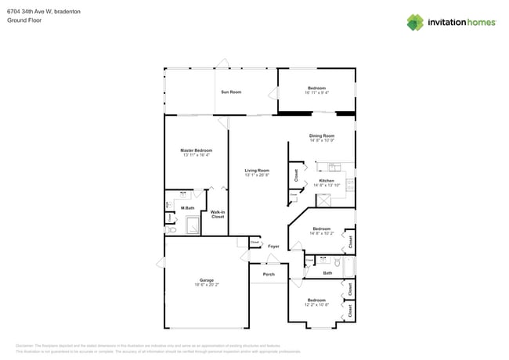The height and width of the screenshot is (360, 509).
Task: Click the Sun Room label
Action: tap(230, 92)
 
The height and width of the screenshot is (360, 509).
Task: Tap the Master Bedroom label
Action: tap(196, 150)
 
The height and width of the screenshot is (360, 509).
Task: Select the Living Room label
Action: tap(257, 171)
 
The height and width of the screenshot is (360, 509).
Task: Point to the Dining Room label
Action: tap(322, 136)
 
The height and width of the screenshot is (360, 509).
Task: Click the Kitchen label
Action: tap(327, 181)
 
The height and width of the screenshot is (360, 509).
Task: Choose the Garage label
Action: tap(207, 279)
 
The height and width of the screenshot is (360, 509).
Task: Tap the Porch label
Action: tap(268, 275)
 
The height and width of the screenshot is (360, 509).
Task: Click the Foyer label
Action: tap(273, 247)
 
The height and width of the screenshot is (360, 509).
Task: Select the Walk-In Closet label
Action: tap(218, 214)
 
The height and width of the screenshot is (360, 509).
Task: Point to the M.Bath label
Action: tap(188, 207)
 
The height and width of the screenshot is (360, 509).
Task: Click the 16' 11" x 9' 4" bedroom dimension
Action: tap(316, 92)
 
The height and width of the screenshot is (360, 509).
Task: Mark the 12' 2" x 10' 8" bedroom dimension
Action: tap(316, 304)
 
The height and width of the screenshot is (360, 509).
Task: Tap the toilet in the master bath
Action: tap(170, 206)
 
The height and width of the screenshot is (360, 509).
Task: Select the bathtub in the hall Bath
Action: tap(349, 265)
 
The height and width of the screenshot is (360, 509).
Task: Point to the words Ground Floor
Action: tap(24, 21)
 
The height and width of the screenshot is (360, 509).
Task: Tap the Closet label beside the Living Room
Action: tap(296, 175)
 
